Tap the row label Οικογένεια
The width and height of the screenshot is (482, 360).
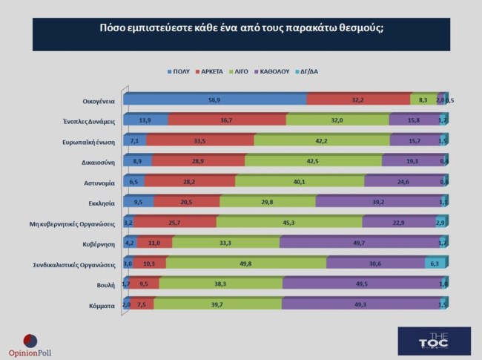pos(98,100)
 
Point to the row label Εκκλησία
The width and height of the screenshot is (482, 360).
pos(102,201)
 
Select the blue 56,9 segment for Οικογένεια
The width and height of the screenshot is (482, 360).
pos(215,99)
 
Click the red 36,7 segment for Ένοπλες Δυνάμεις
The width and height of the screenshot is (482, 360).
pos(227,120)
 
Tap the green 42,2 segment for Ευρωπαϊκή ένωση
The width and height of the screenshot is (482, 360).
pos(322,140)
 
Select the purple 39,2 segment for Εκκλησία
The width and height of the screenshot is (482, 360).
pos(377,201)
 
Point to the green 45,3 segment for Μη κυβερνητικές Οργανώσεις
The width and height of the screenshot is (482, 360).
pos(289,221)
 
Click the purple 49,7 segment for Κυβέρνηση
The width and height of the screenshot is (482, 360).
pos(360,242)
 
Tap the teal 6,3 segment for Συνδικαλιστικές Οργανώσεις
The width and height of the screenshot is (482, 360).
pos(435,262)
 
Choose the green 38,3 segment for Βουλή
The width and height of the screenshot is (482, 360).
pos(220,283)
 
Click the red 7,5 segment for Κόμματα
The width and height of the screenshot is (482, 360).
pos(143,303)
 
